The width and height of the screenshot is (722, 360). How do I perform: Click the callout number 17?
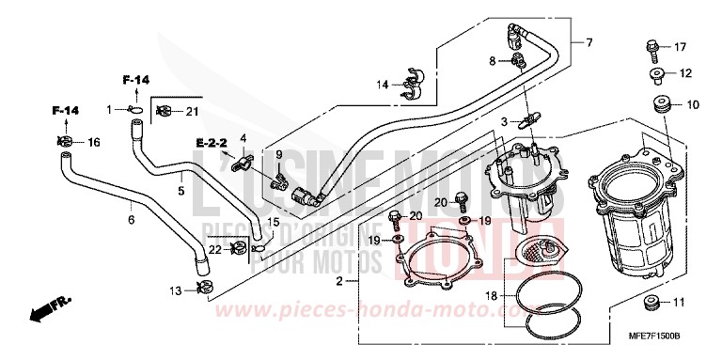682,47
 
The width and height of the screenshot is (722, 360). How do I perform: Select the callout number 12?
685,73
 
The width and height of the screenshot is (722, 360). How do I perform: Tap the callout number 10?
693,105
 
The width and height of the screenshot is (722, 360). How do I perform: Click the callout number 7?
589,42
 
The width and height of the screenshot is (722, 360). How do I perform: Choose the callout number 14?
382,85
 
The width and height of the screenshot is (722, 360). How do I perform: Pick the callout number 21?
193,113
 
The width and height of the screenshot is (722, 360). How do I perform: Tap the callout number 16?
93,143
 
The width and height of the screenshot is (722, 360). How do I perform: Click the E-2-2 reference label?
212,142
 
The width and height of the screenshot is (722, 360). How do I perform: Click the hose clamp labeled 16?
66,143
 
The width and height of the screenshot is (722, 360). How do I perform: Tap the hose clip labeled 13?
201,288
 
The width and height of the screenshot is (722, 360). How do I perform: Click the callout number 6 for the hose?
131,220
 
